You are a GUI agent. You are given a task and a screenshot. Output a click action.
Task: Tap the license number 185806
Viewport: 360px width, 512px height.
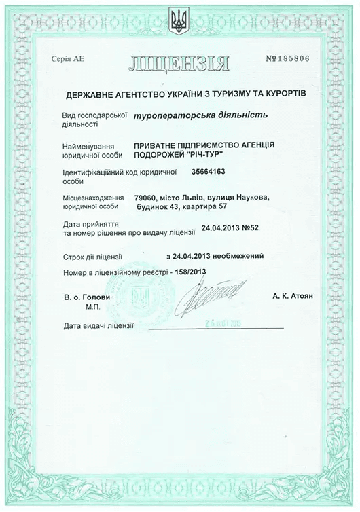(289, 58)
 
